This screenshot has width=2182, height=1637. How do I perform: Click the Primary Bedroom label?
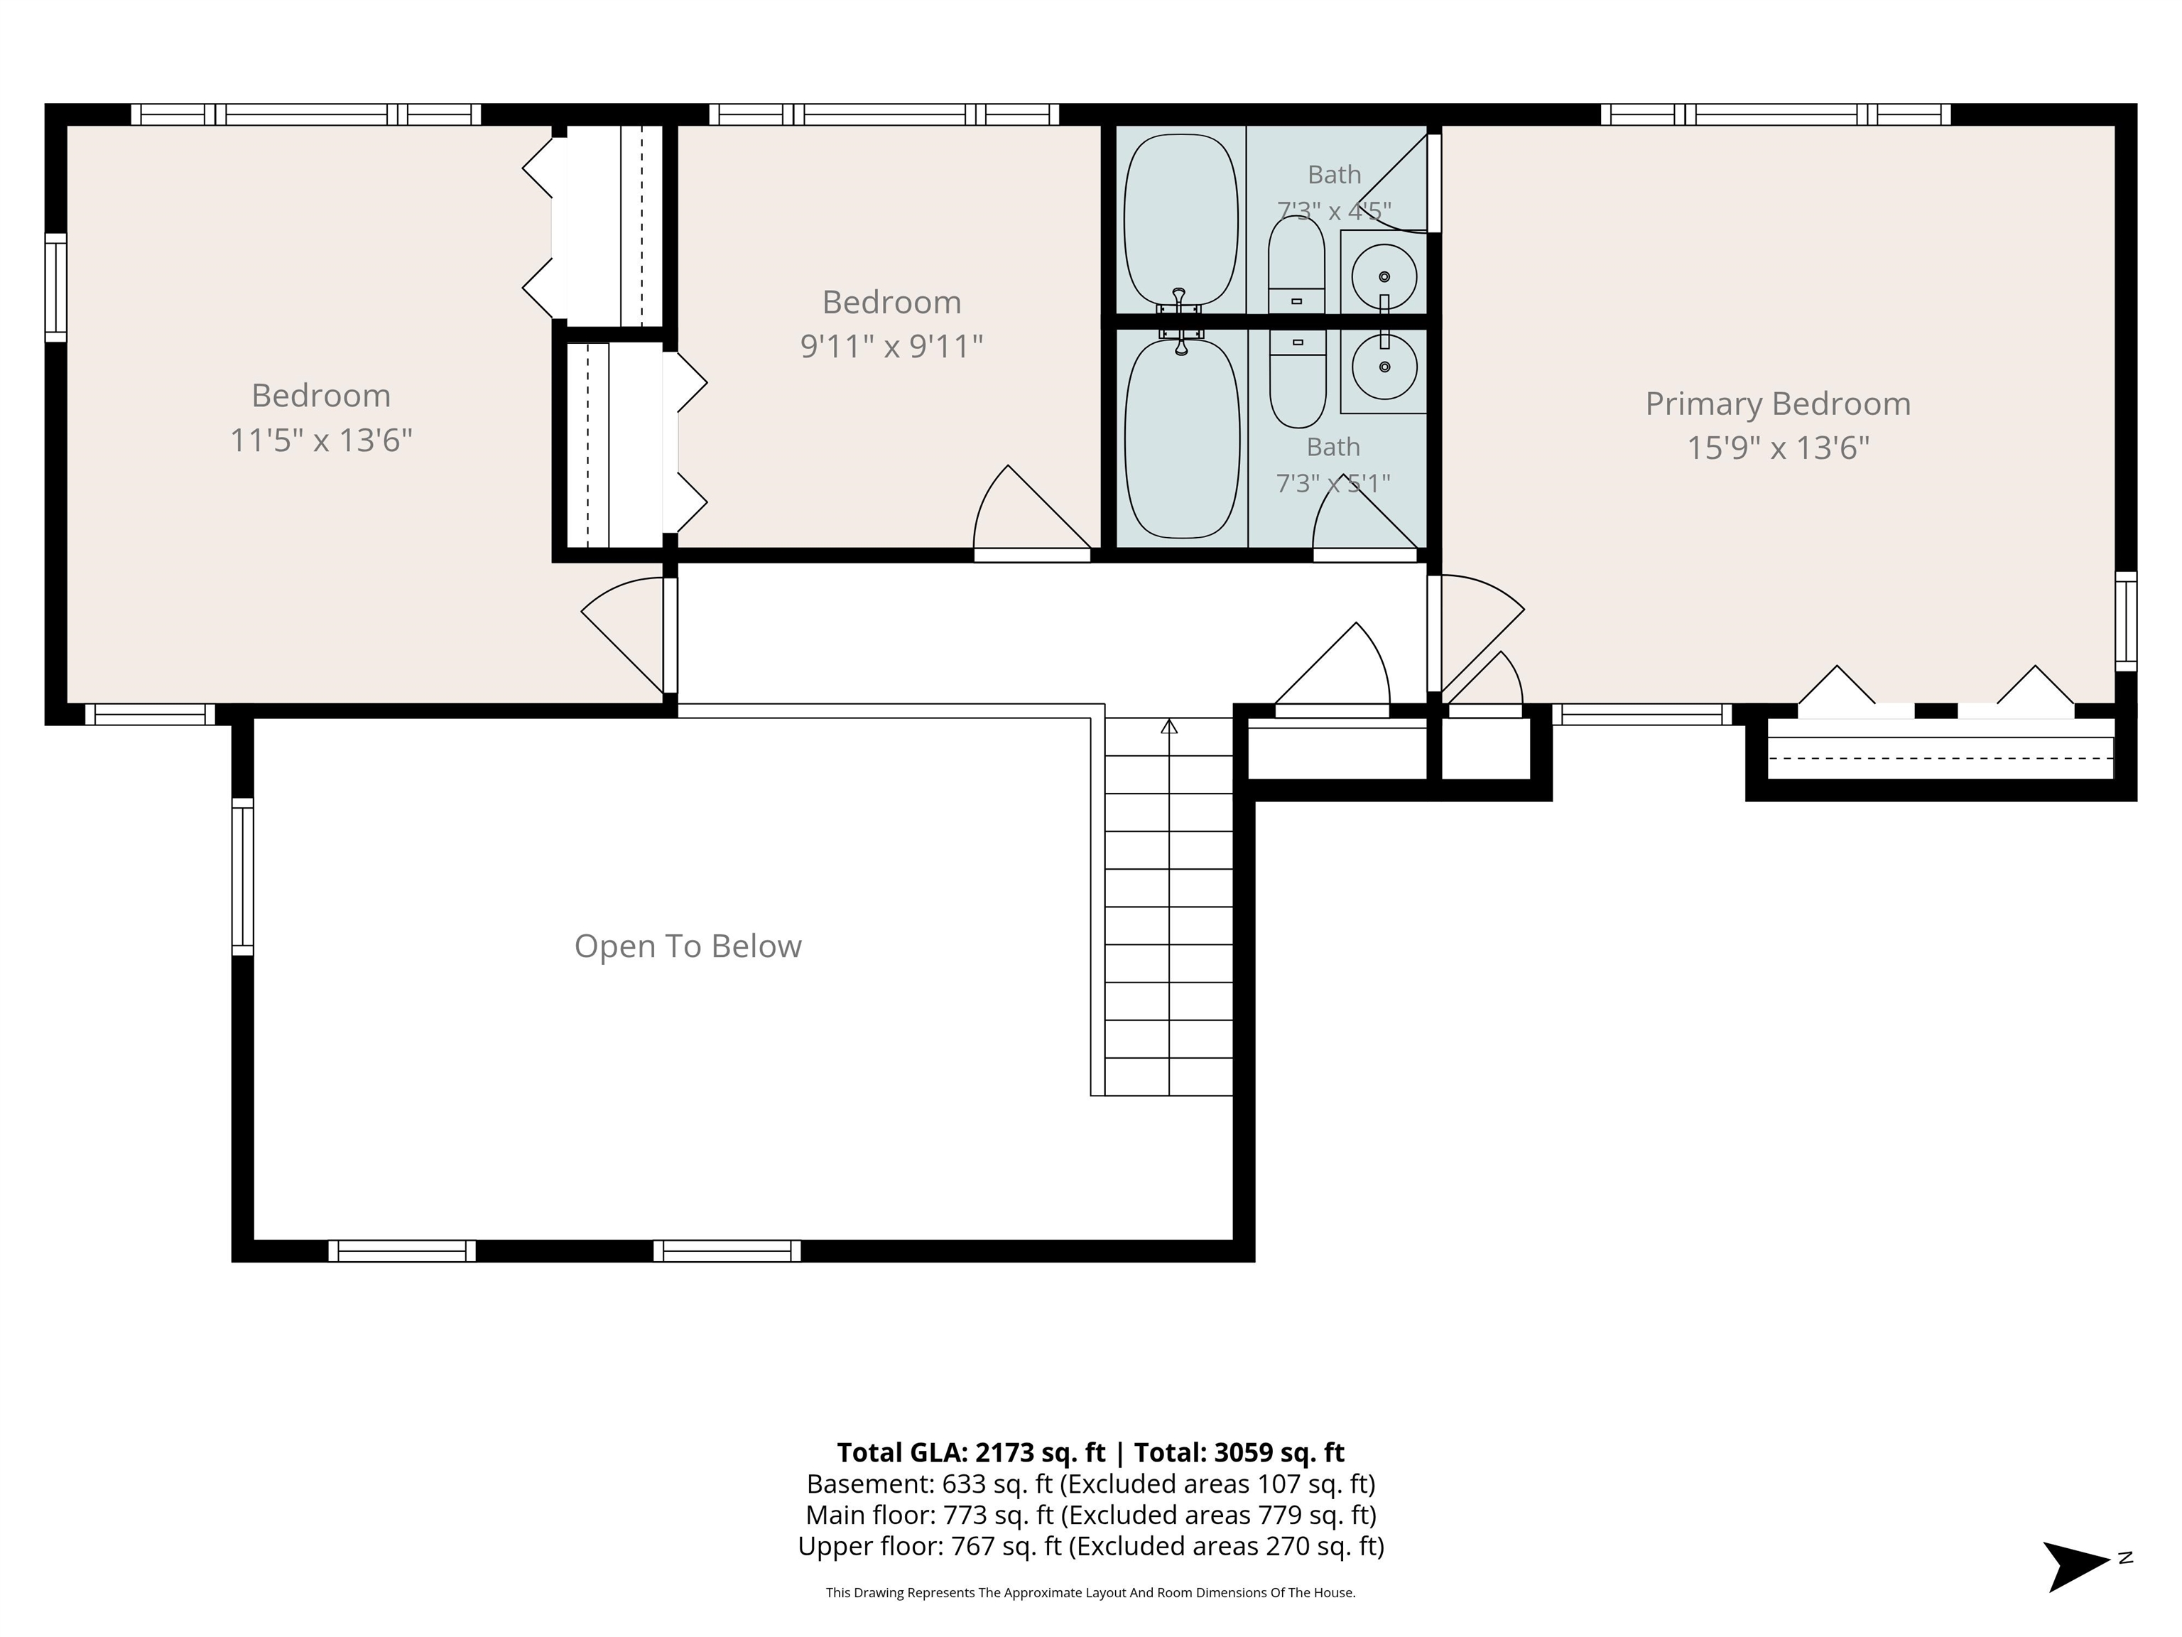(1778, 404)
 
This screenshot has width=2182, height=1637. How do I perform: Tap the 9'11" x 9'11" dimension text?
(891, 346)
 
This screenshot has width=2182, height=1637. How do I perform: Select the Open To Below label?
(688, 946)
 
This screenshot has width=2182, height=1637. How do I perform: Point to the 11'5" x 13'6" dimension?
(320, 439)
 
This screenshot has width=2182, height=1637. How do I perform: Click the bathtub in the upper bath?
(1180, 221)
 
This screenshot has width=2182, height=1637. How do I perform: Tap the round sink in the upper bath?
(1384, 276)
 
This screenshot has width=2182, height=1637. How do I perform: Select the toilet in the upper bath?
(1296, 264)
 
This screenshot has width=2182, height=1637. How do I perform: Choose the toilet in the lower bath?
(1297, 379)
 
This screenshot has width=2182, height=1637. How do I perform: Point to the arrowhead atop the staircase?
(1169, 726)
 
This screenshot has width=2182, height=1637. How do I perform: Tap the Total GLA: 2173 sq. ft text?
(971, 1452)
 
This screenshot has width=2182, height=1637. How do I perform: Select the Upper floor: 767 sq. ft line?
(1091, 1546)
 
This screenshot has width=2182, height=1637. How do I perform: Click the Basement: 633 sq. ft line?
(1091, 1484)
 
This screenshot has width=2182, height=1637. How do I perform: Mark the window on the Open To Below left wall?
(243, 876)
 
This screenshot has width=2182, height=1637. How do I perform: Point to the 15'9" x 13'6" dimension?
(1778, 448)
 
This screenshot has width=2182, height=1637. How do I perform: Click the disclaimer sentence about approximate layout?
(1091, 1593)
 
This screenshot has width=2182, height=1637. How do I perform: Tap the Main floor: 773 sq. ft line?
(1091, 1515)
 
